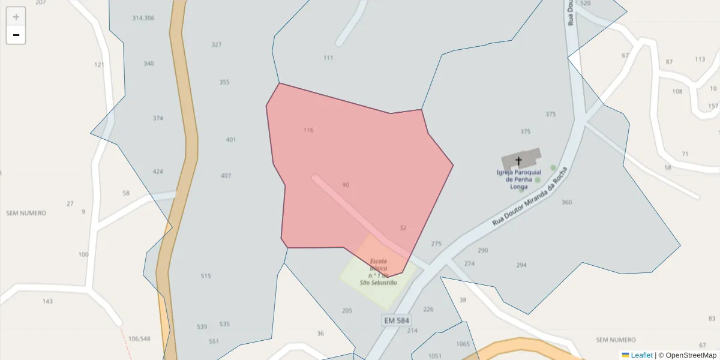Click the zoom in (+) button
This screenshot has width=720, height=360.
(16, 17)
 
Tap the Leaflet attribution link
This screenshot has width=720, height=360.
(641, 355)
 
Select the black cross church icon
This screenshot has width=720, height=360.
(519, 161)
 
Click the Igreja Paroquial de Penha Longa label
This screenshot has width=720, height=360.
(519, 179)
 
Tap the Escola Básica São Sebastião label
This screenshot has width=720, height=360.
(378, 272)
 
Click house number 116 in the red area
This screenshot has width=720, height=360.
(308, 130)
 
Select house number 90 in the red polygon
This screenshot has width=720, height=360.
(346, 185)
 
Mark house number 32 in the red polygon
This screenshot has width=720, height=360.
(403, 228)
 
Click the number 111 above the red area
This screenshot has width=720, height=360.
(328, 58)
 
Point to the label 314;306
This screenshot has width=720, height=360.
(143, 18)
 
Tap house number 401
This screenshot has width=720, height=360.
(231, 140)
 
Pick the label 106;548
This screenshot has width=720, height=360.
(139, 339)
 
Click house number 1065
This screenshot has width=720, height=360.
(463, 344)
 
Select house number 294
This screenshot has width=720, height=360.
(521, 265)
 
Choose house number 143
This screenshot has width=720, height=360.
(47, 301)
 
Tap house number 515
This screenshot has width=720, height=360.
(206, 276)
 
